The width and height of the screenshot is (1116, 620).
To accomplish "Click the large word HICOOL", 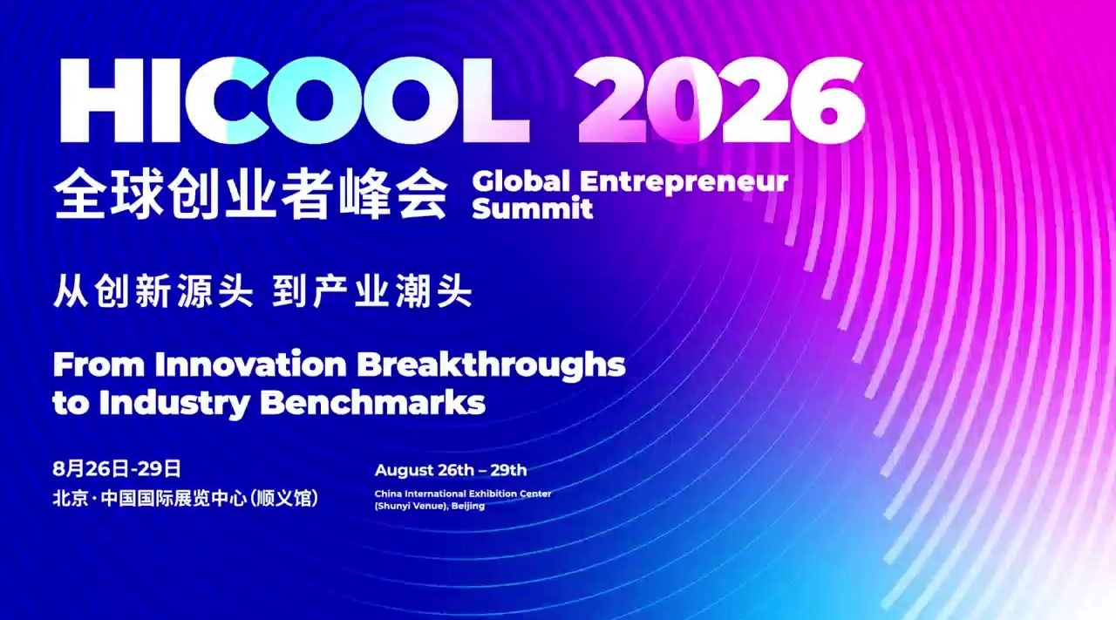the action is tap(295, 100).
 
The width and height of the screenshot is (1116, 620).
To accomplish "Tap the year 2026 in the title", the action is tap(719, 100).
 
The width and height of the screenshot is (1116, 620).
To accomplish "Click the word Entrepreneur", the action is tap(684, 182).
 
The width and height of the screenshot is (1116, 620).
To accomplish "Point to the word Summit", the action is tap(532, 208).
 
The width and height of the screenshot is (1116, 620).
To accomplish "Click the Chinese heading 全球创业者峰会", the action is tap(251, 194).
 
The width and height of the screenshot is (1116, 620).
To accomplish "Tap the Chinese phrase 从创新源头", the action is tap(153, 290).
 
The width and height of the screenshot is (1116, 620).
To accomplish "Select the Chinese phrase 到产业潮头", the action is tap(371, 290).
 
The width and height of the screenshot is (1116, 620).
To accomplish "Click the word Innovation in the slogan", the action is tap(250, 364).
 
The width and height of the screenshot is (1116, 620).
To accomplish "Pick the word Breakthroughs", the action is tap(491, 367).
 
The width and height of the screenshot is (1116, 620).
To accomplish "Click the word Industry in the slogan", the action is tap(174, 403).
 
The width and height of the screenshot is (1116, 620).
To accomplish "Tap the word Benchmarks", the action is tap(372, 402).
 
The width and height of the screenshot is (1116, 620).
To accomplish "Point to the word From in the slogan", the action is tap(99, 364).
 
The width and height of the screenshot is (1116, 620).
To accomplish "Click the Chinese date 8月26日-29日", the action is tap(117, 469).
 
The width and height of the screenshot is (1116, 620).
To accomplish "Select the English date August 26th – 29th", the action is tap(451, 470).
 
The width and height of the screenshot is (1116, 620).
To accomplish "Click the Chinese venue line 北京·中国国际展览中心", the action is tap(149, 498).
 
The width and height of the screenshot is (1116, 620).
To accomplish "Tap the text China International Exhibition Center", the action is tap(463, 494).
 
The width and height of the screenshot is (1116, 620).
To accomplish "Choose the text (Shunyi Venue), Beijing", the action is tap(430, 506).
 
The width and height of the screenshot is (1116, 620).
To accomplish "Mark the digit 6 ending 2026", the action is tap(828, 100).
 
